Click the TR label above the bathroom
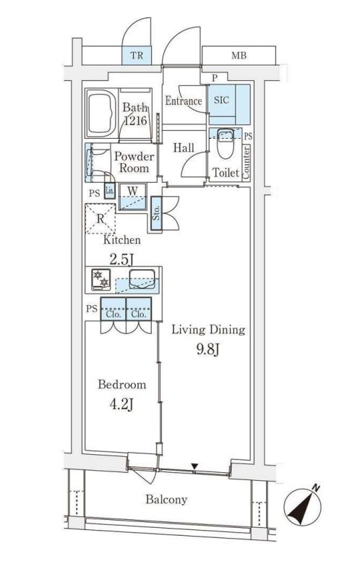137,56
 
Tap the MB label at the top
239,56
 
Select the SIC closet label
221,100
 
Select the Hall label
184,148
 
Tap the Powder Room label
134,162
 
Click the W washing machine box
133,197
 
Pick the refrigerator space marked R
100,218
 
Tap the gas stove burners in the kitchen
101,279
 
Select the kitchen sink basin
142,278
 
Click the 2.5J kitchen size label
122,260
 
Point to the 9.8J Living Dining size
208,349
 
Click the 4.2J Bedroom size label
121,405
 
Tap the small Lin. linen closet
109,191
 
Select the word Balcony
166,500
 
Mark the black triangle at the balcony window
194,466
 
